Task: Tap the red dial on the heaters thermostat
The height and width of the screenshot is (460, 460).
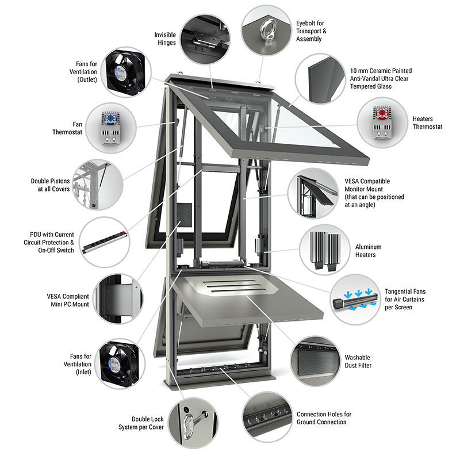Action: [x=382, y=113]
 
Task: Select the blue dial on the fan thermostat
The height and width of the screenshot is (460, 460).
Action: [x=110, y=118]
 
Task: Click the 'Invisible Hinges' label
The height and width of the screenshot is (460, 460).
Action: [x=165, y=39]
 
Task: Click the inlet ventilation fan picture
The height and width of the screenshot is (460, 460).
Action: [x=120, y=364]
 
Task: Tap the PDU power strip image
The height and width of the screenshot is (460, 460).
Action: [x=105, y=241]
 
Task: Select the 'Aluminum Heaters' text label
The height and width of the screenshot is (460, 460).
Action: [x=368, y=251]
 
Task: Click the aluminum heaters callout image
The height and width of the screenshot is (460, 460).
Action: [x=325, y=250]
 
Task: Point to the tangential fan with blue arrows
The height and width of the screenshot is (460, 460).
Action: [x=355, y=301]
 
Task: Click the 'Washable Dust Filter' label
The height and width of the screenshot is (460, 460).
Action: [x=358, y=362]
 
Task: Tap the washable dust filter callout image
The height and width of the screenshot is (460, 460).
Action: [x=316, y=361]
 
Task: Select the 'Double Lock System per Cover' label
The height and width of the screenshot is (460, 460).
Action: [x=141, y=423]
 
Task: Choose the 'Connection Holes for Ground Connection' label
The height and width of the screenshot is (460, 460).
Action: [x=324, y=418]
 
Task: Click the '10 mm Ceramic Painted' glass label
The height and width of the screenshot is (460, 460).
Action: [x=381, y=71]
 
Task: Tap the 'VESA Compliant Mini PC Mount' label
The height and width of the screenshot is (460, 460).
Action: [x=68, y=300]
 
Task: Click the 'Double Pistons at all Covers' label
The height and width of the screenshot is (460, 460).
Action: [x=51, y=185]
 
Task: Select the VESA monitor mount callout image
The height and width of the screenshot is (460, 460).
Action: [x=313, y=193]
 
